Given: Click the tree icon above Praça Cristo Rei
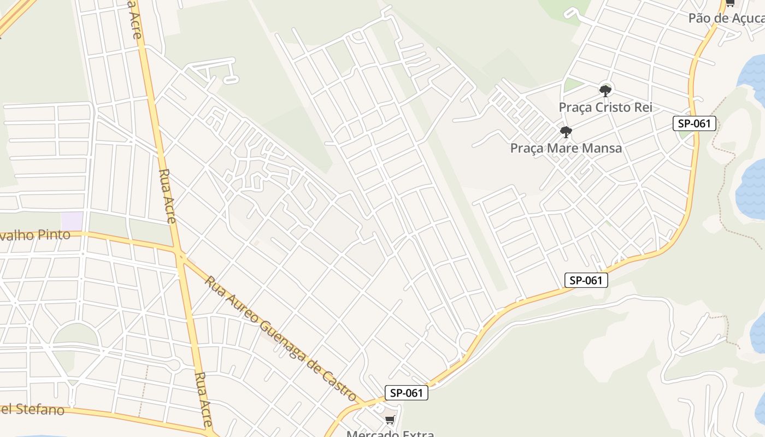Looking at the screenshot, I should coord(605,91).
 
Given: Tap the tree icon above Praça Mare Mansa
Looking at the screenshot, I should coord(566,132).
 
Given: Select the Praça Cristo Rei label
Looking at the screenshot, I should coord(605,107).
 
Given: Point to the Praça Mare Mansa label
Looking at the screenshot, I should coord(566,148).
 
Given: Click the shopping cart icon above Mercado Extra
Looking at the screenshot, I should coord(390,420).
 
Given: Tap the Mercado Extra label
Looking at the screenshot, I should coord(390,434).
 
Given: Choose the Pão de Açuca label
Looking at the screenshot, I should coord(726,18).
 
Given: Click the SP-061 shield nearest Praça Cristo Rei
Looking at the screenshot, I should coord(694,123).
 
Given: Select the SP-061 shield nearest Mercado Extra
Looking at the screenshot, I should coord(406,393).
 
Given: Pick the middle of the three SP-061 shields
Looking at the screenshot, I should coord(586,280).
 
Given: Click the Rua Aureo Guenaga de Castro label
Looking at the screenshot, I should coord(280,339).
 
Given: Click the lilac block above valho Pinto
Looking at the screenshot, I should coord(72,221).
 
